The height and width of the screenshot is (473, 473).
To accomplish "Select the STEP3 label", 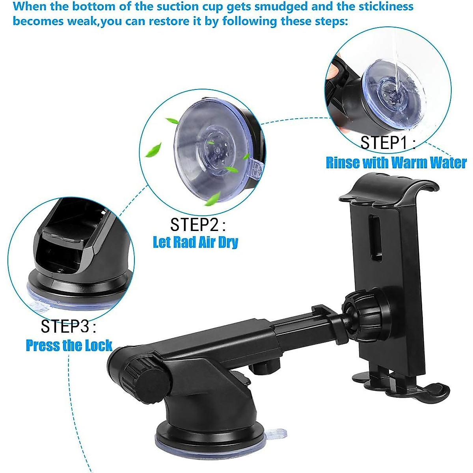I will pos(68,326).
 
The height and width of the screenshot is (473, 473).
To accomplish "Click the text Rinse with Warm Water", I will pos(396,163).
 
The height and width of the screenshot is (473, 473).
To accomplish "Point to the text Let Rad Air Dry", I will pos(196,242).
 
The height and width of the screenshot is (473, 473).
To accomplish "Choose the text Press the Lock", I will pos(69,346).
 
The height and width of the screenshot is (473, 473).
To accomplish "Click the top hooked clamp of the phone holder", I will pos(388,189).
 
